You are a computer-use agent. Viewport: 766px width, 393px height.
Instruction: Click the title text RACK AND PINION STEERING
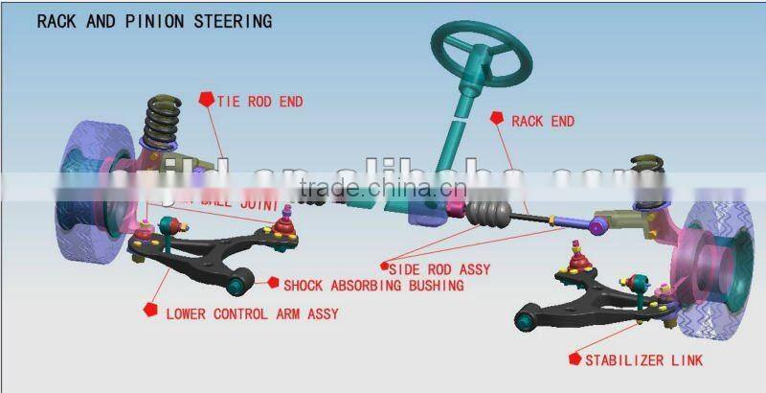[153, 20]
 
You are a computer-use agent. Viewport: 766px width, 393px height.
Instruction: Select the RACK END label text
[543, 122]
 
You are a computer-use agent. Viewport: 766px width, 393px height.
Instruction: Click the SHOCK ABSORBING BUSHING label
[372, 285]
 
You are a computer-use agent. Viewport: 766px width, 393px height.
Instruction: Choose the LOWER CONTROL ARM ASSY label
[252, 312]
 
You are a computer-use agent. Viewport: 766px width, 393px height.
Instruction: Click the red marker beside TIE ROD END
[205, 98]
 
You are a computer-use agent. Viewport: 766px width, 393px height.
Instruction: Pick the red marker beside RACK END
[496, 118]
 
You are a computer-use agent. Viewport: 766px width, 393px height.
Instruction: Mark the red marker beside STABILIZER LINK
[575, 358]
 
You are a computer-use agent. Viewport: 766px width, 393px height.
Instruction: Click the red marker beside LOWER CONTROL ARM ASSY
[149, 311]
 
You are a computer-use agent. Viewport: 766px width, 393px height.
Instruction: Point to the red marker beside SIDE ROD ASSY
[384, 265]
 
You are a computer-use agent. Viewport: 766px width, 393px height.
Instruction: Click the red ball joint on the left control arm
[282, 227]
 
